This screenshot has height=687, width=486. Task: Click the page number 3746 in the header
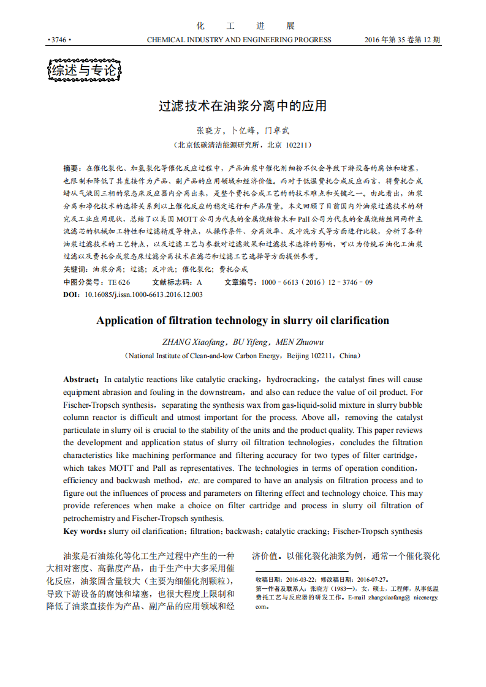click(59, 40)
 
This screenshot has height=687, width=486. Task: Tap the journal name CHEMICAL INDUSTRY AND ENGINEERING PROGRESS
click(239, 40)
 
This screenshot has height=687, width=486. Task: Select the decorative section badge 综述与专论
click(84, 71)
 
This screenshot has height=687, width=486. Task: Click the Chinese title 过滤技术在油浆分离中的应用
click(243, 106)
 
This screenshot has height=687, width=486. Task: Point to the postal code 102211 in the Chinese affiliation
click(297, 145)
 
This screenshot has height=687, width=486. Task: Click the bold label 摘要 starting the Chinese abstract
click(71, 168)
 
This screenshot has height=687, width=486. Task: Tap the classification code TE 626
click(119, 282)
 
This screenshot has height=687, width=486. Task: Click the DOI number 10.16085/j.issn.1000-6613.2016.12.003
click(143, 295)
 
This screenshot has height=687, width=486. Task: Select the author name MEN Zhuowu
click(300, 342)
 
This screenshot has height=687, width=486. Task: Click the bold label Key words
click(85, 531)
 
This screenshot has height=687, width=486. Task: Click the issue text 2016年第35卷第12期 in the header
click(402, 40)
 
